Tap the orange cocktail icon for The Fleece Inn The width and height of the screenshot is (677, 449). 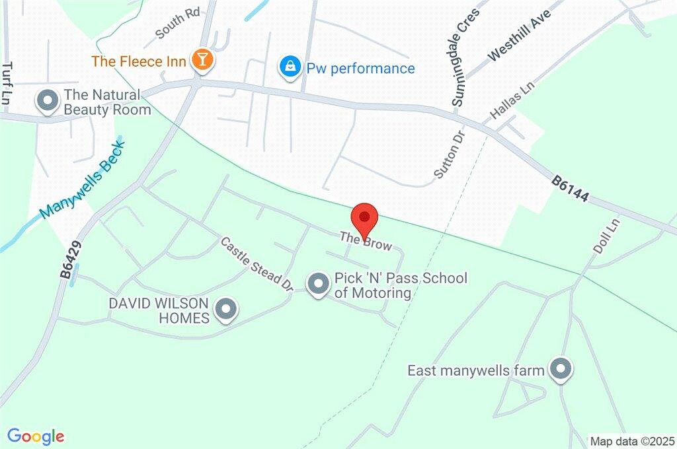(x=202, y=61)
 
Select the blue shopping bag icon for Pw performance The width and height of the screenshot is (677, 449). (x=290, y=68)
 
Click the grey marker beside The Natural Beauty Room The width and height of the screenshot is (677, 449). (x=48, y=101)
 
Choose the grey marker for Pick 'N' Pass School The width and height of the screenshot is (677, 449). (x=319, y=284)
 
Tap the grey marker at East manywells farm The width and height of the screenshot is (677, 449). (x=561, y=370)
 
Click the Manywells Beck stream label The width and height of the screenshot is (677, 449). (x=82, y=180)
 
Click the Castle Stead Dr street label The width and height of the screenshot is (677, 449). (x=257, y=265)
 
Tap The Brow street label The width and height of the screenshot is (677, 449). (x=366, y=241)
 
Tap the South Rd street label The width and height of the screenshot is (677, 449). (x=177, y=24)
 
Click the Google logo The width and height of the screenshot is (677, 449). (x=36, y=436)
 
